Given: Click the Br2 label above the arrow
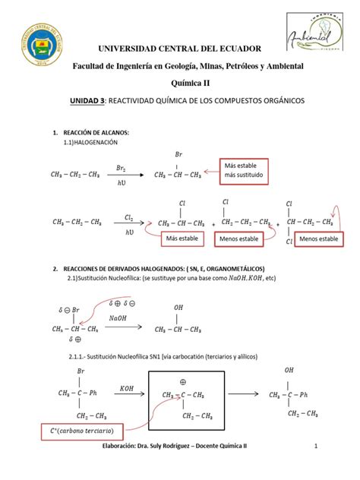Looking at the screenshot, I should click(x=121, y=167).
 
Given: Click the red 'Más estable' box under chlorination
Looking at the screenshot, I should click(x=182, y=240).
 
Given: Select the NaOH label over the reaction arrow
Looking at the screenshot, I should click(x=118, y=318).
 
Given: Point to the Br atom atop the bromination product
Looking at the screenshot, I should click(x=178, y=154).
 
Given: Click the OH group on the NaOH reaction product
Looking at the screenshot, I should click(x=179, y=308).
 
